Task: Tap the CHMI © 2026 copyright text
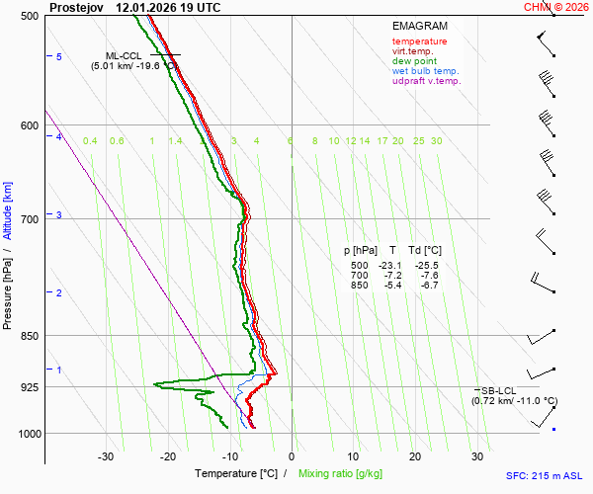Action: click(x=556, y=7)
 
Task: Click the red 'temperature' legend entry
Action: click(x=419, y=41)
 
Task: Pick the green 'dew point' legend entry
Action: click(x=415, y=61)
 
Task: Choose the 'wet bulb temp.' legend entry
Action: click(x=425, y=71)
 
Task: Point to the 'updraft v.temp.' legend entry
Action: click(x=426, y=81)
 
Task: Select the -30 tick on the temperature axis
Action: click(x=106, y=456)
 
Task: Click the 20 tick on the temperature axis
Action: click(x=415, y=456)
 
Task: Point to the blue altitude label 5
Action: click(x=59, y=57)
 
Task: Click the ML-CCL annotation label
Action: click(x=125, y=55)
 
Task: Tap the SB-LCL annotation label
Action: click(x=500, y=391)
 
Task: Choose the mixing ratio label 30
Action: click(x=436, y=141)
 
